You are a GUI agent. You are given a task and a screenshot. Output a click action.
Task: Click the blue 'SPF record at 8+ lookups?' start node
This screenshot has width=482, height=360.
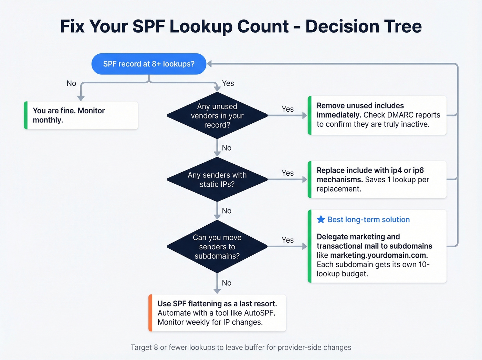pos(149,64)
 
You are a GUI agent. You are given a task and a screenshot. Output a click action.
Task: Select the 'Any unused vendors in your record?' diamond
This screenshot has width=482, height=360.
pos(217,116)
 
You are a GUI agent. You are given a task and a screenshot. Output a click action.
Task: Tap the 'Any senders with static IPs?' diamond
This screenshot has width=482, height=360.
pos(217,179)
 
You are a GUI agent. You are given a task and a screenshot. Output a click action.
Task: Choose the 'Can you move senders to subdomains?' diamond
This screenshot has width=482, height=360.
pos(217,247)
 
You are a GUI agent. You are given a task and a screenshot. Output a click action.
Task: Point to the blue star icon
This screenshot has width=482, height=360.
pos(321,219)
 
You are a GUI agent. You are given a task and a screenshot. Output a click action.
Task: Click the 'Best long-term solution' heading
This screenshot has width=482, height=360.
pos(368,219)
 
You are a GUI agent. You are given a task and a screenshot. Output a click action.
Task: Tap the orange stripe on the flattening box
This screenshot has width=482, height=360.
pos(150,313)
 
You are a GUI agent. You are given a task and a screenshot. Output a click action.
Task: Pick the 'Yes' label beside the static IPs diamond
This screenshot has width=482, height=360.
pos(287,173)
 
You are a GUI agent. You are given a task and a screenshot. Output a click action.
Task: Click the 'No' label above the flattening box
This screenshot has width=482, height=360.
pos(227,283)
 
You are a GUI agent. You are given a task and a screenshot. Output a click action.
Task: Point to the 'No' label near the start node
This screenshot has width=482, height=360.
pos(71,83)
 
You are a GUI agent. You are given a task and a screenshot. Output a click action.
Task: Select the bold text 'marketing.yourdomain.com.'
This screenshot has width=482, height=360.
pos(379,255)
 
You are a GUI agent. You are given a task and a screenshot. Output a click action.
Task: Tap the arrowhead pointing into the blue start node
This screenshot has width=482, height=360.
pos(209,64)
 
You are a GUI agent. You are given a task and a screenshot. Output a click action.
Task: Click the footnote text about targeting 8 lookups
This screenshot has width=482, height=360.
pos(241,347)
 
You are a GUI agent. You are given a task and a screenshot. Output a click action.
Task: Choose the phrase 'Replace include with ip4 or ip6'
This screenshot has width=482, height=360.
pos(370,170)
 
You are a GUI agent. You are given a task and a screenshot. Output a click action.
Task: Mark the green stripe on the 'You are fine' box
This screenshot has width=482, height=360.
pos(26,115)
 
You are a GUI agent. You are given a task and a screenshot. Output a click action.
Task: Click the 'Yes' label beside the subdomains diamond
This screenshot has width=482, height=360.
pos(287,240)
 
